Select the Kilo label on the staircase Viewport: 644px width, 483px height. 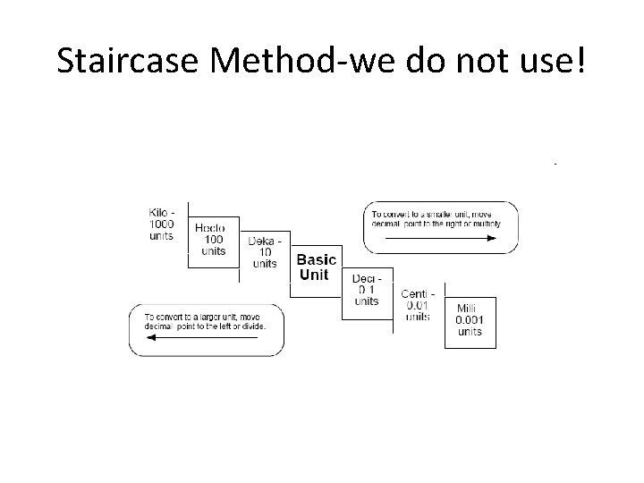click(x=161, y=212)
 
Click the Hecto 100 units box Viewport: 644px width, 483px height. click(x=214, y=239)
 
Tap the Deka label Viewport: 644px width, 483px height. click(x=265, y=241)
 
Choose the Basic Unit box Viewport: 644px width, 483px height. click(x=317, y=267)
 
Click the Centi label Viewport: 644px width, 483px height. click(x=418, y=294)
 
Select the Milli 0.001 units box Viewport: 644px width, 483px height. click(x=470, y=320)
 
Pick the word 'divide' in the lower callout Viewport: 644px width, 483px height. click(x=264, y=326)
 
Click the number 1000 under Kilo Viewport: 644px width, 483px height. click(x=161, y=224)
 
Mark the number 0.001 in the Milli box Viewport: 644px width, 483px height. click(x=470, y=320)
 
